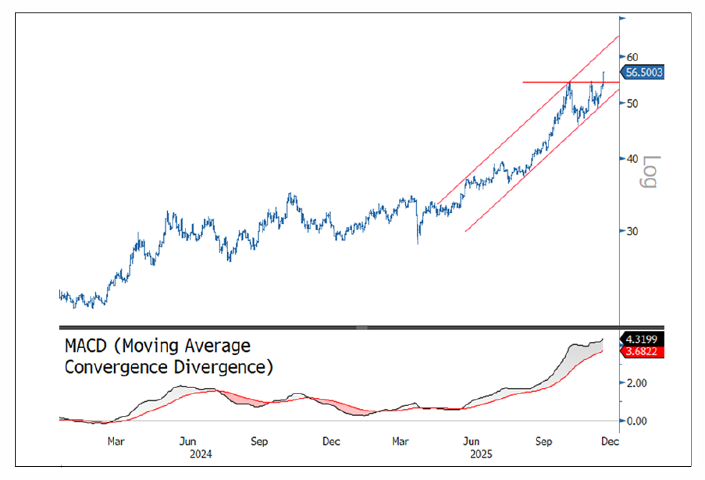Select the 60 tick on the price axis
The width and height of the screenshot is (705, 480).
(x=632, y=57)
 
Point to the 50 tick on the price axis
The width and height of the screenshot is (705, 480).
(x=632, y=103)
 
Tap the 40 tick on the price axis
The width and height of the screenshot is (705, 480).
(x=632, y=158)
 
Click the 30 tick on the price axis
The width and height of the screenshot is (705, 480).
(x=632, y=231)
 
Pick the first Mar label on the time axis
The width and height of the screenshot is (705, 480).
(x=116, y=441)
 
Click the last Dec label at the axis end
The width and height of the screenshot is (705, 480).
(x=609, y=441)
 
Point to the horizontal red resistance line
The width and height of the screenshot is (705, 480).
(x=547, y=82)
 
